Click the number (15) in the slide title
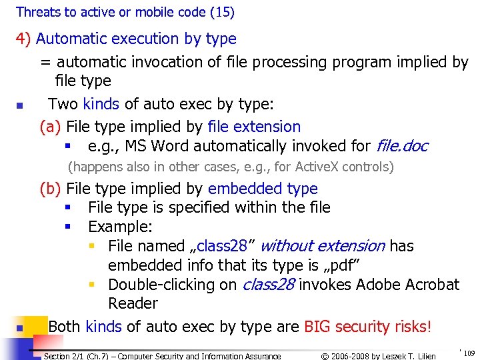pyautogui.click(x=223, y=12)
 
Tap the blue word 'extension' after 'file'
pyautogui.click(x=267, y=127)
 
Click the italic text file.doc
pyautogui.click(x=402, y=146)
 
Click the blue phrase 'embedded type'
pyautogui.click(x=263, y=189)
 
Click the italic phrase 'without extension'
pyautogui.click(x=322, y=246)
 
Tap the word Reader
pyautogui.click(x=133, y=303)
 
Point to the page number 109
pyautogui.click(x=469, y=353)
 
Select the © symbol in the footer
pyautogui.click(x=325, y=356)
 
